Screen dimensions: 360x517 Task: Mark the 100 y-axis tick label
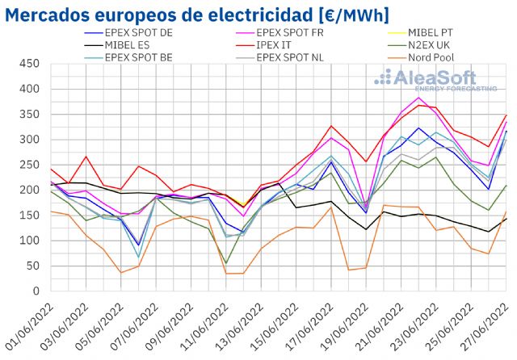point(32,241)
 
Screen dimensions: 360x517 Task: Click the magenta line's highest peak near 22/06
point(418,98)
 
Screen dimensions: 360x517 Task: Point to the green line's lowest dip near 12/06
point(225,263)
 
